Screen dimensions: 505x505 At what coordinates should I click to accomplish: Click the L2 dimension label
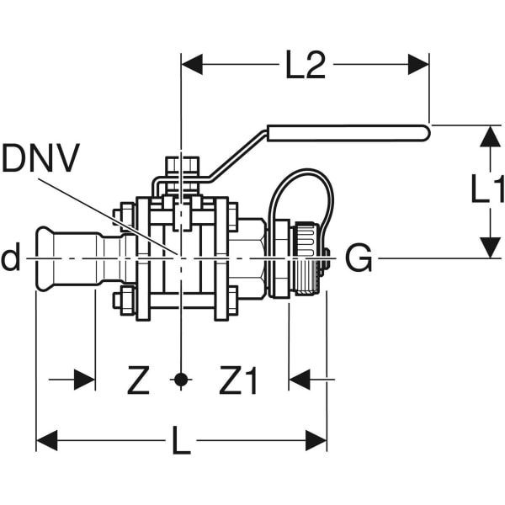[x=305, y=66]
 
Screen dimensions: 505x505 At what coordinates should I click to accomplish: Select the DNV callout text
[x=40, y=159]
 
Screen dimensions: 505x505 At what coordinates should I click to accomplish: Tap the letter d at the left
[x=10, y=259]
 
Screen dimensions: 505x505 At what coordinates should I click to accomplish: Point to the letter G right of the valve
[x=359, y=259]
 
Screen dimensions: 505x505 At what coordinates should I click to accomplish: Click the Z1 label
[x=238, y=381]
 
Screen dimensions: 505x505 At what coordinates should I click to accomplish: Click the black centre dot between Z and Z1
[x=180, y=380]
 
